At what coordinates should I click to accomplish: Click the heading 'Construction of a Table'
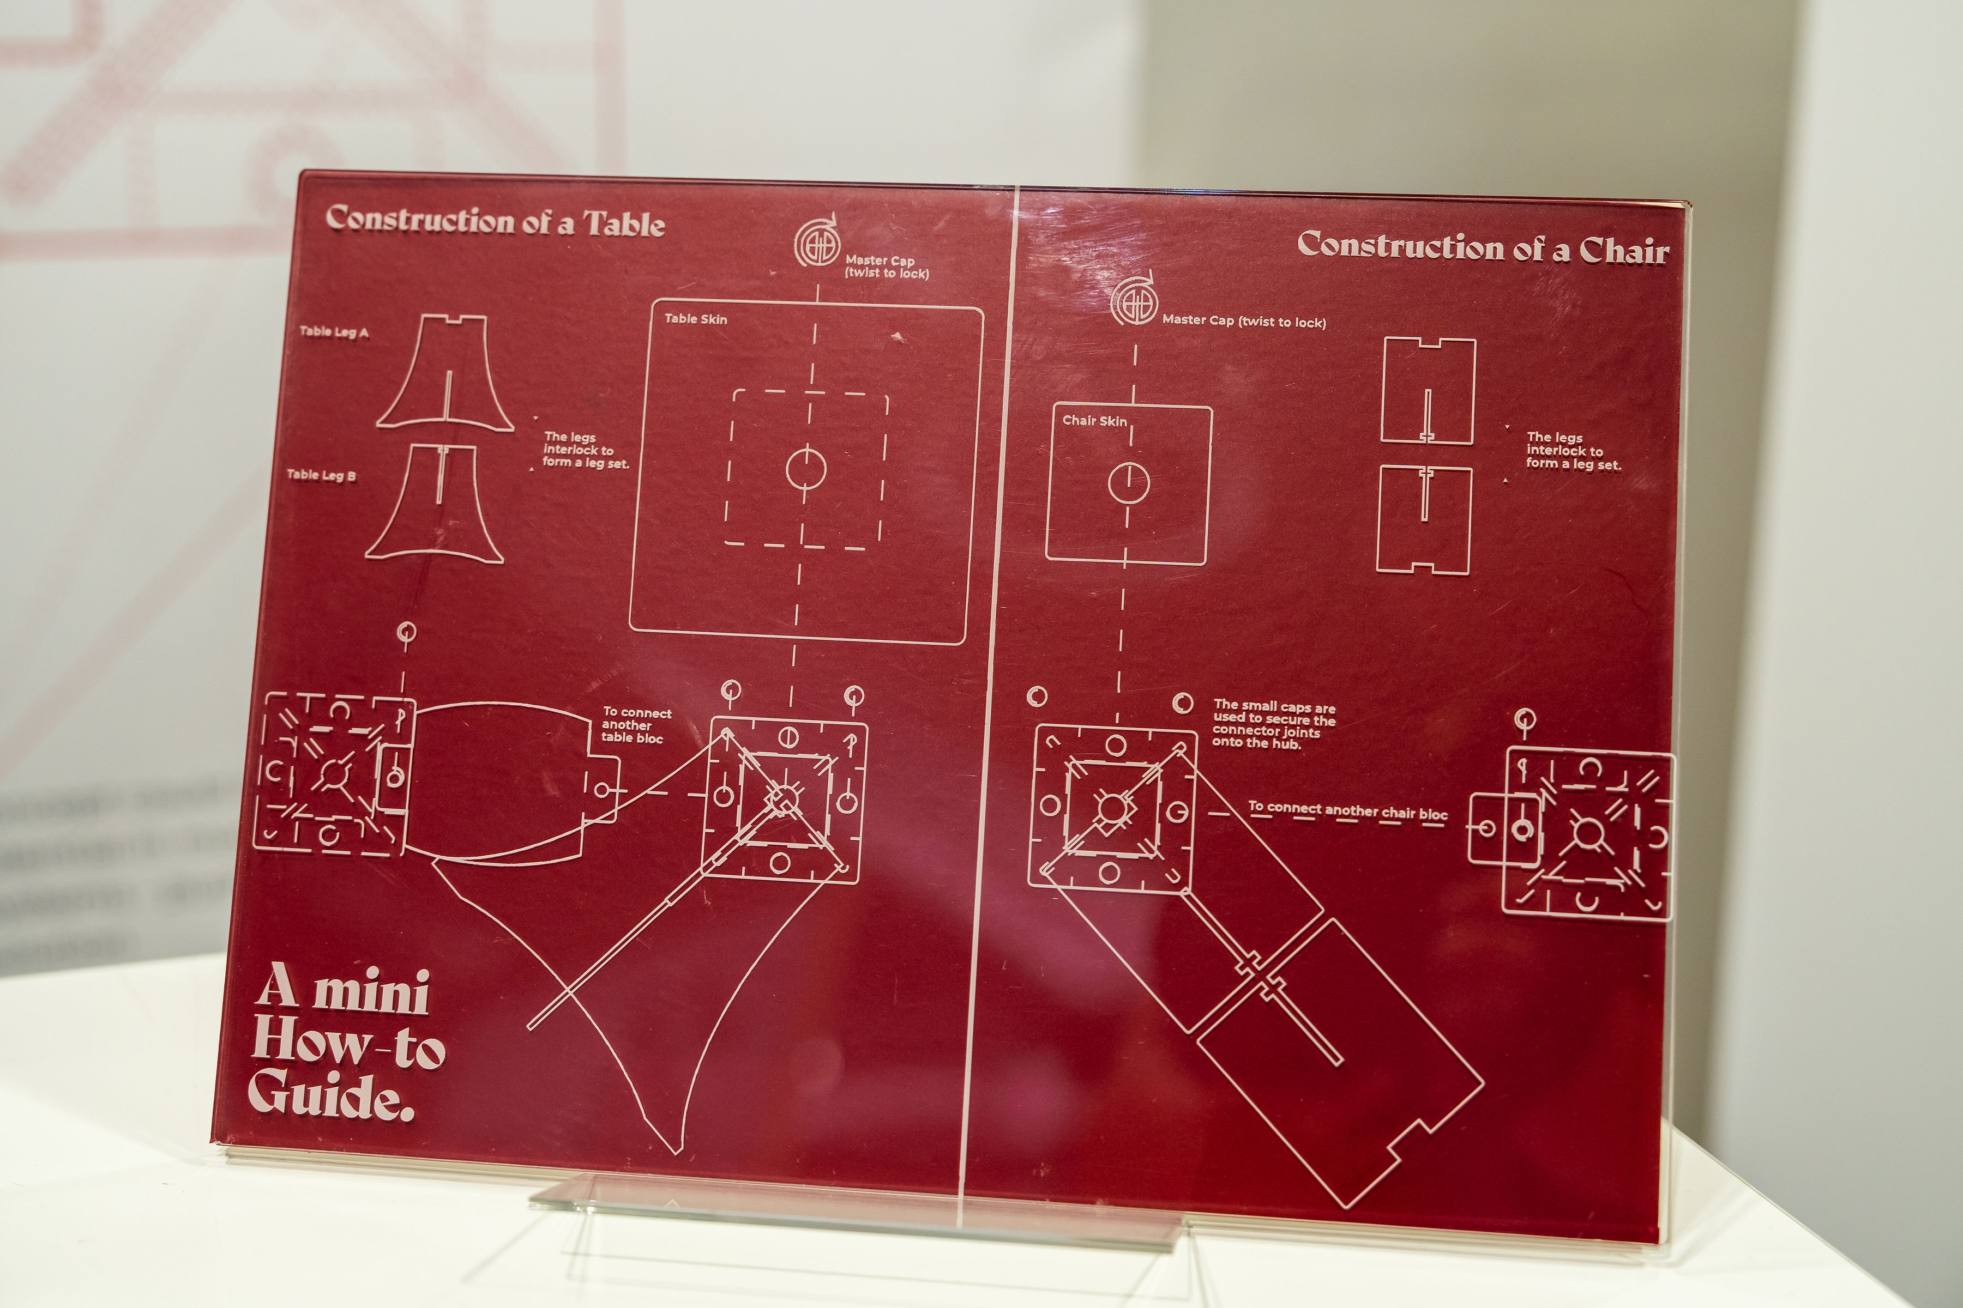coord(495,222)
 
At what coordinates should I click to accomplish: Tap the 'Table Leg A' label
coord(334,332)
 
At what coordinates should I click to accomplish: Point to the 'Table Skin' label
coord(695,319)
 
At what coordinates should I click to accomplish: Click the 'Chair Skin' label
coord(1094,420)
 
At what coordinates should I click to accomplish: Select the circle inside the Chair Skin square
coord(1128,483)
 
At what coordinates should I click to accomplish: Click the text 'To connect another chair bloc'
coord(1347,809)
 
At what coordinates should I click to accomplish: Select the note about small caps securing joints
coord(1274,724)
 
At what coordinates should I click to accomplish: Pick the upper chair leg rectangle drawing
coord(1428,390)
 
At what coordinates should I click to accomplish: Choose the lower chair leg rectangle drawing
coord(1423,519)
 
